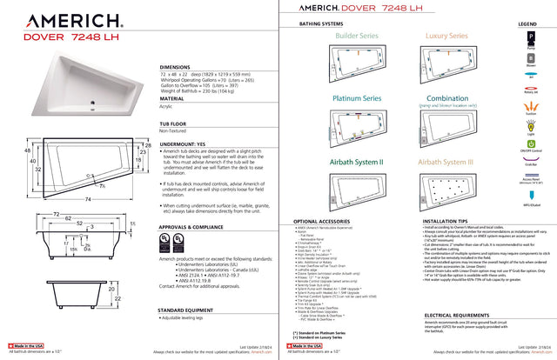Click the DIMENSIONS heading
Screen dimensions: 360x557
178,67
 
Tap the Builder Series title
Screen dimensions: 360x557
357,37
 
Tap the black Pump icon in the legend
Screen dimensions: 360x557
528,39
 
